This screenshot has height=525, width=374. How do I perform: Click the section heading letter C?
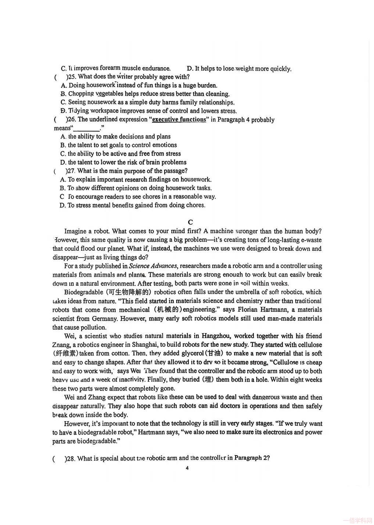190,222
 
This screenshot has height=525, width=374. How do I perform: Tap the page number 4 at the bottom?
187,468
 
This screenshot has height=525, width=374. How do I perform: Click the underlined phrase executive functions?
179,119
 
